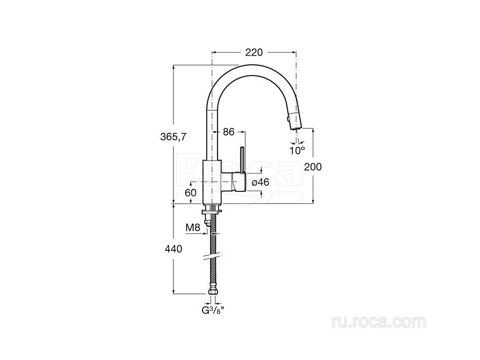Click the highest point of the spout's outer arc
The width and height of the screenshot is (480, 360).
click(x=253, y=65)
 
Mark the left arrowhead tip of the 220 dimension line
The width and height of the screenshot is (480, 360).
click(x=212, y=52)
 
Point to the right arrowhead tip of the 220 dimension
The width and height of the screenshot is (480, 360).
click(x=296, y=52)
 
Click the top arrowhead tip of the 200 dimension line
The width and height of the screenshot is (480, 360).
click(x=313, y=128)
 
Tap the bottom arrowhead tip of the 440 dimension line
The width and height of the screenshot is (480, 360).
click(x=173, y=294)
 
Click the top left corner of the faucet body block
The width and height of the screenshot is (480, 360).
click(x=204, y=160)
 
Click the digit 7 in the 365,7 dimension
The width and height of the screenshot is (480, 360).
click(x=183, y=137)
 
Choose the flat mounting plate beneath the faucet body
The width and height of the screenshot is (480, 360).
click(x=212, y=211)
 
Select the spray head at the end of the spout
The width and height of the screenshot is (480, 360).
click(x=295, y=120)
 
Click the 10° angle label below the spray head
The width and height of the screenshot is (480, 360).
click(x=297, y=150)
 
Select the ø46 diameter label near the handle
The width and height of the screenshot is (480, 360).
click(x=260, y=182)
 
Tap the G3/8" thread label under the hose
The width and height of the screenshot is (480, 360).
click(x=213, y=310)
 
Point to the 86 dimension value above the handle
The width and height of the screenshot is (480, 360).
click(x=228, y=132)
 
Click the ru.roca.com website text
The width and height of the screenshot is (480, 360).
click(x=379, y=322)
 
